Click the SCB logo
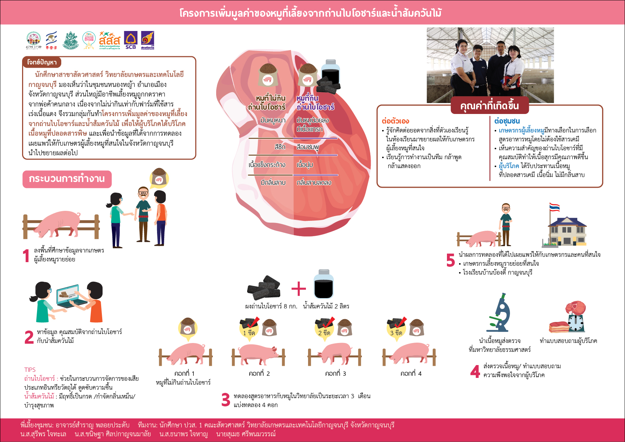click(131, 40)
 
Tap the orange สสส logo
click(110, 40)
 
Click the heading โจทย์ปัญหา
click(42, 62)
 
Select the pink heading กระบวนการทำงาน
click(67, 179)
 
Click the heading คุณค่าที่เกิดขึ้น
click(489, 106)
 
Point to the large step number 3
click(226, 400)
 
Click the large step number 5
click(450, 260)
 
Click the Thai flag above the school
click(554, 207)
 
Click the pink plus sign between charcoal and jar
click(298, 289)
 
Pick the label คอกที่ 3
click(335, 374)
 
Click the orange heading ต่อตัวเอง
click(395, 121)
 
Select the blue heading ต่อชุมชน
click(507, 121)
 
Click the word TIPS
click(30, 370)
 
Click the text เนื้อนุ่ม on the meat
click(305, 165)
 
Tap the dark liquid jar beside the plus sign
click(324, 284)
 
